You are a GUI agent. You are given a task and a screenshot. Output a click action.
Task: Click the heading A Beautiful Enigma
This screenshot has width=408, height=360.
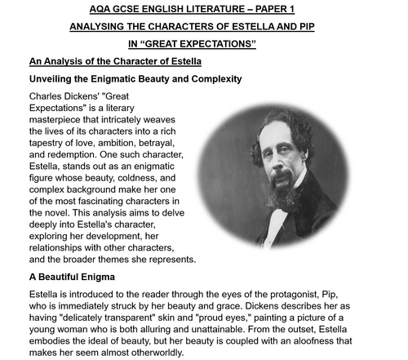[72, 277]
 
